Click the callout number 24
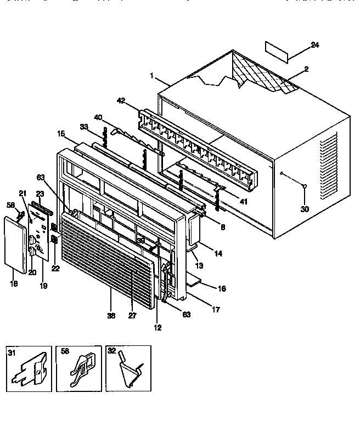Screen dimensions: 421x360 314,45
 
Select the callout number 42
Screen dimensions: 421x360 121,100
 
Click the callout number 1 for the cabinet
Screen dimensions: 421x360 152,76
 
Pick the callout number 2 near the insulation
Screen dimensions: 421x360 306,69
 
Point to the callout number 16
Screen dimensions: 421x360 222,288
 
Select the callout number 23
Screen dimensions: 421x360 40,193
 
